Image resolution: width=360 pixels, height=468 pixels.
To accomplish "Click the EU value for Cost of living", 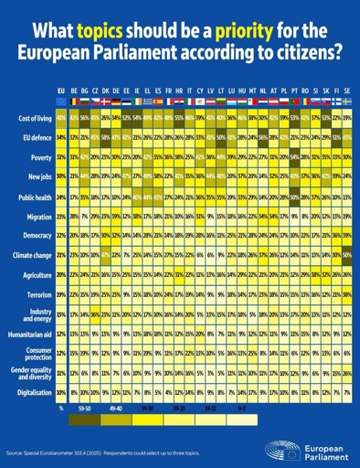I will [x=61, y=119].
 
